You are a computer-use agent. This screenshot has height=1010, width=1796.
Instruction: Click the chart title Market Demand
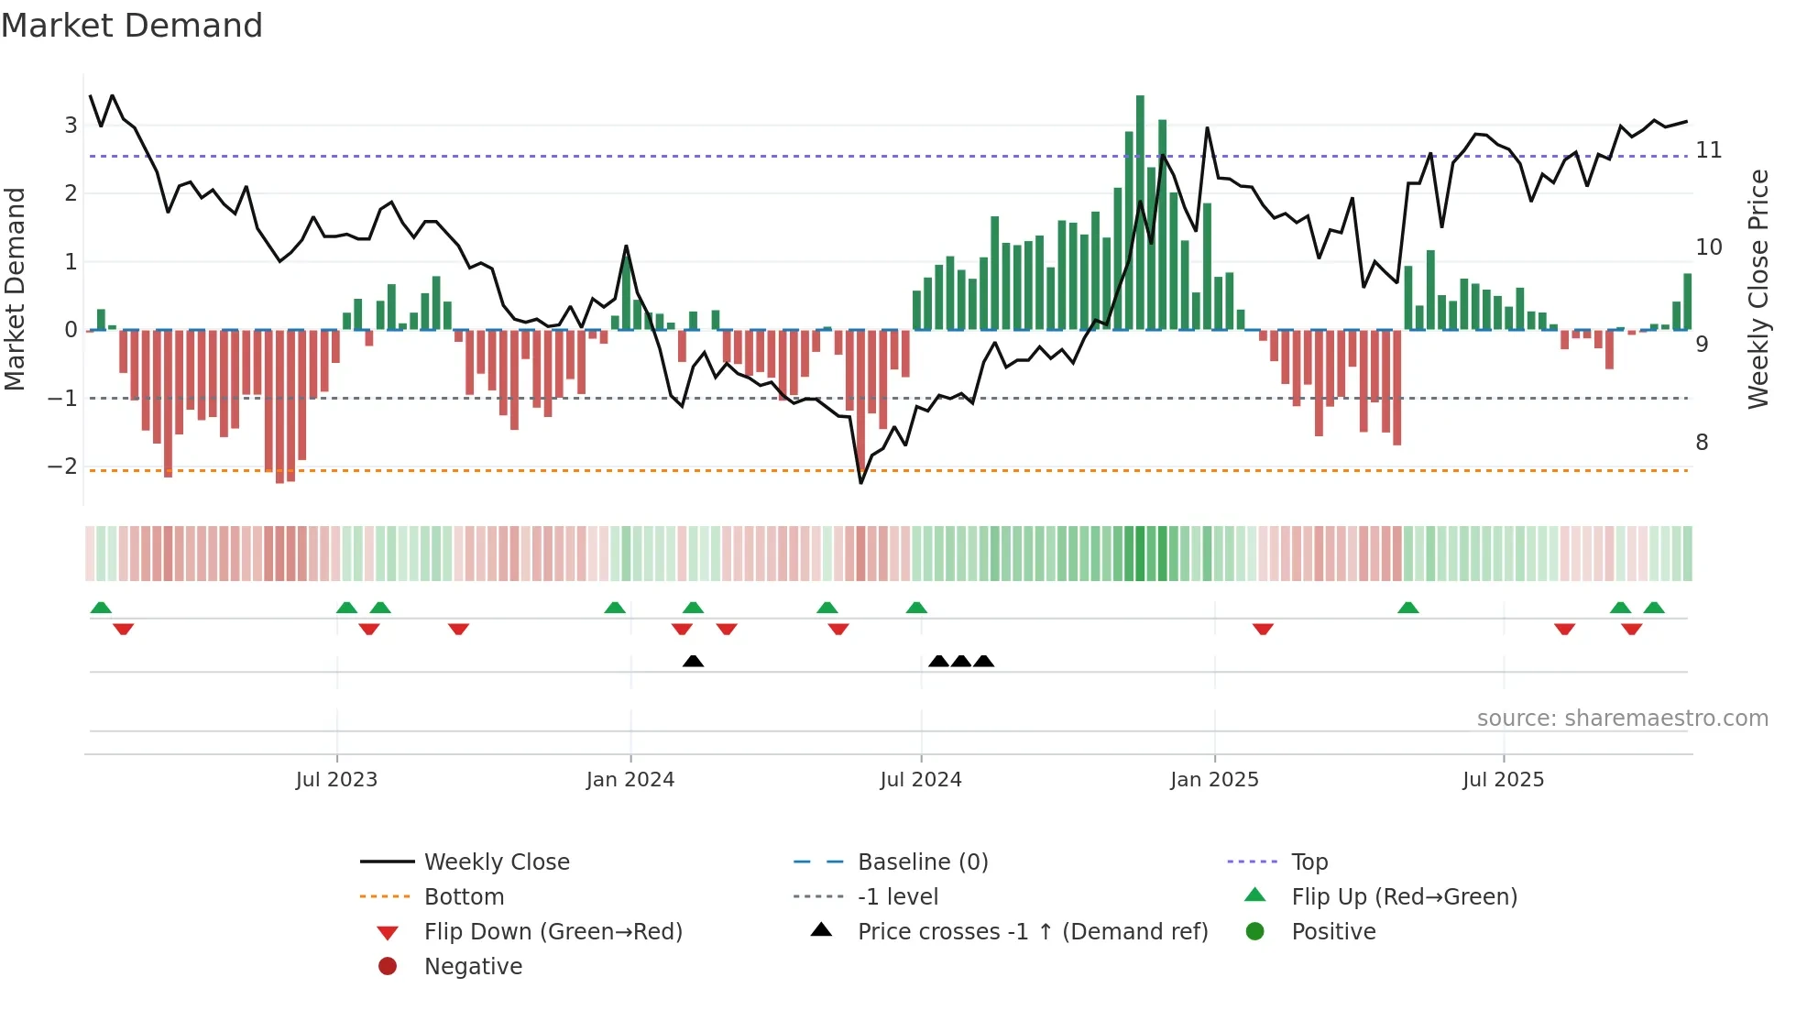click(132, 26)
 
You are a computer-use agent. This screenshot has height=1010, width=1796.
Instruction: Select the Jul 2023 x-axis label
click(336, 780)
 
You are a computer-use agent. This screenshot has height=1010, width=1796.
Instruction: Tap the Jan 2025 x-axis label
click(1214, 780)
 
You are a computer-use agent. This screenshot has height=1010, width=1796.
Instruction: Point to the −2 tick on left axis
click(62, 467)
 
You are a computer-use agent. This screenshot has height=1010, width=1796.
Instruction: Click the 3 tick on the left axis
click(71, 126)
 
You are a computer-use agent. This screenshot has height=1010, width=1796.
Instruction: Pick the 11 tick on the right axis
click(1708, 150)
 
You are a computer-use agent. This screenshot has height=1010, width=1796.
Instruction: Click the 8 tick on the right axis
click(1702, 443)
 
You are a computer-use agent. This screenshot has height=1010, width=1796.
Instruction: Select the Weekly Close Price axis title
click(1758, 289)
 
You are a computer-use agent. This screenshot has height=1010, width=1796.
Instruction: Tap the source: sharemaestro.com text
click(1622, 719)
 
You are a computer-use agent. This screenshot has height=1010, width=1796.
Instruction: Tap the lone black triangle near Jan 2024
click(694, 661)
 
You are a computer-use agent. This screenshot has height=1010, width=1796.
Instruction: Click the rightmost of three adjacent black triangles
click(983, 661)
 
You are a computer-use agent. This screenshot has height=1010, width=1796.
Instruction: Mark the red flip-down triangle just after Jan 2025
click(1263, 629)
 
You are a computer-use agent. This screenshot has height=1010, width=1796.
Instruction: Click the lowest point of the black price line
click(861, 482)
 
